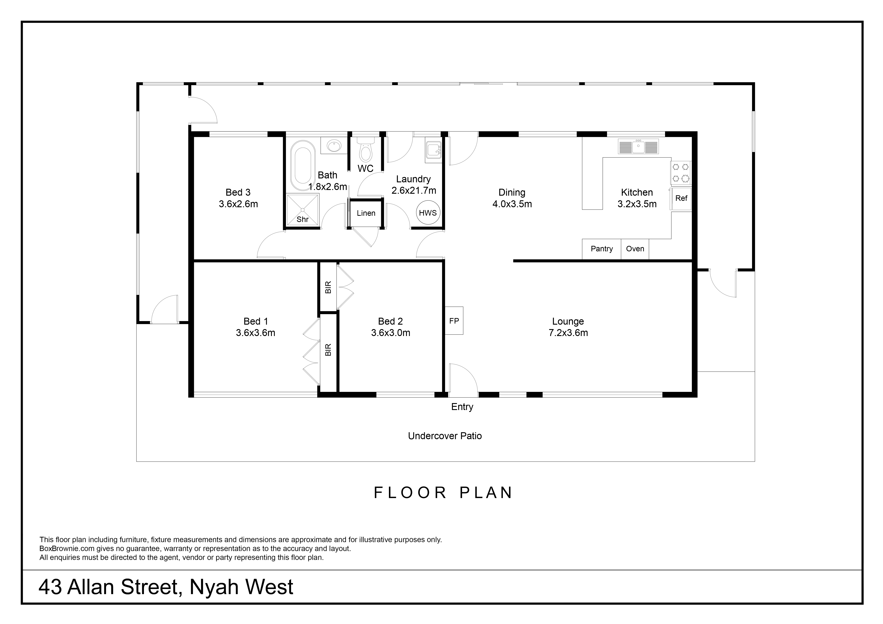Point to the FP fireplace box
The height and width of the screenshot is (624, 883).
click(x=454, y=321)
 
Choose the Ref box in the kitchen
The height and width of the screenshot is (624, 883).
click(x=681, y=198)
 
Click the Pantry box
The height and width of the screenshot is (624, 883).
click(x=602, y=249)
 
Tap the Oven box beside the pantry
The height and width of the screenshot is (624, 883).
click(x=635, y=249)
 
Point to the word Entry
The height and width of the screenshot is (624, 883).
click(x=462, y=407)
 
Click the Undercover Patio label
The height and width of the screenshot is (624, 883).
click(x=445, y=436)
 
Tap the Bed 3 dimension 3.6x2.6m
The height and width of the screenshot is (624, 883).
click(x=238, y=204)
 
